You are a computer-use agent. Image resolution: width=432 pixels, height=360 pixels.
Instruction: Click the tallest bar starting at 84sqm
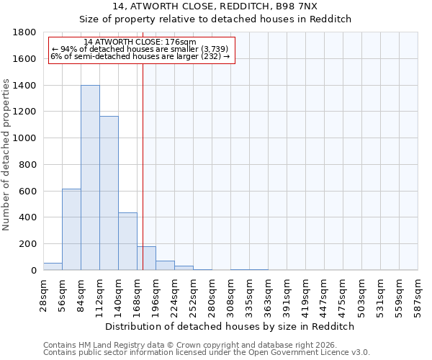pyautogui.click(x=90, y=178)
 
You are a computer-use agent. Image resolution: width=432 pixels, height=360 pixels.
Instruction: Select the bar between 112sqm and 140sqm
pyautogui.click(x=109, y=193)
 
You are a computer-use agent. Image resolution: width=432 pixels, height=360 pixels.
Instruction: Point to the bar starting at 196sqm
pyautogui.click(x=165, y=266)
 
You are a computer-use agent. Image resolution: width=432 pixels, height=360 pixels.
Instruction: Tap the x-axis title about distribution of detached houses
pyautogui.click(x=230, y=326)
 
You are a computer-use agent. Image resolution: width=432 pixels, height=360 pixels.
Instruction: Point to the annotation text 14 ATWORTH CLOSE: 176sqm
pyautogui.click(x=140, y=42)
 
